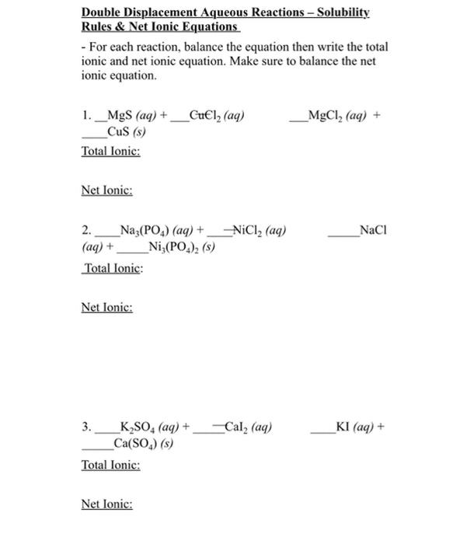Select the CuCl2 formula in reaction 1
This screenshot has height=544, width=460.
click(207, 117)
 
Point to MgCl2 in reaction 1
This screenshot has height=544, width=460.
click(326, 117)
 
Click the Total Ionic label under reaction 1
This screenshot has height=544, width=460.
click(110, 151)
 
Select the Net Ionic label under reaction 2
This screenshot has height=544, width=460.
click(106, 307)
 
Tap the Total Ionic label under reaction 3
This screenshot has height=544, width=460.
click(110, 465)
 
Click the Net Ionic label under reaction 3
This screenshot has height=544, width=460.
click(106, 504)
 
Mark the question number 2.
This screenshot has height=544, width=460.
click(85, 231)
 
